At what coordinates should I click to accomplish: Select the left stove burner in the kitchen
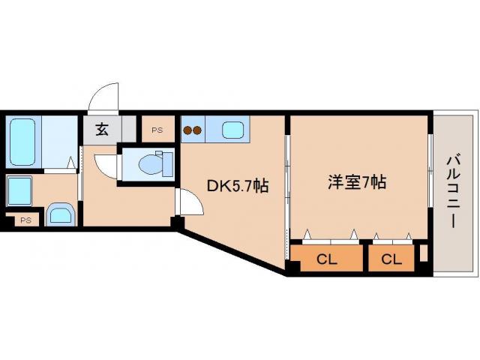point(188,130)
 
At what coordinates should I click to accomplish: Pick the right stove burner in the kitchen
point(198,130)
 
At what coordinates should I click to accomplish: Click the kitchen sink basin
point(233,130)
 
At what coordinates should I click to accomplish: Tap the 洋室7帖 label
point(356,181)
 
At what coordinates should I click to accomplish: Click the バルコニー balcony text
point(453,191)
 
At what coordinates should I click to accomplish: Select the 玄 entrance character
point(101,128)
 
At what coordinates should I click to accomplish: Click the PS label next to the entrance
point(157,130)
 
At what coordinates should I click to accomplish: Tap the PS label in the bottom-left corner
point(25,220)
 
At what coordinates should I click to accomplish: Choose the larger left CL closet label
point(326,260)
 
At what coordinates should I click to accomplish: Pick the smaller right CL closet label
point(390,260)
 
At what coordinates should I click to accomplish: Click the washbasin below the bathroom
point(59,214)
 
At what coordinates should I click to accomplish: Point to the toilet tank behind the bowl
point(168,163)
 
